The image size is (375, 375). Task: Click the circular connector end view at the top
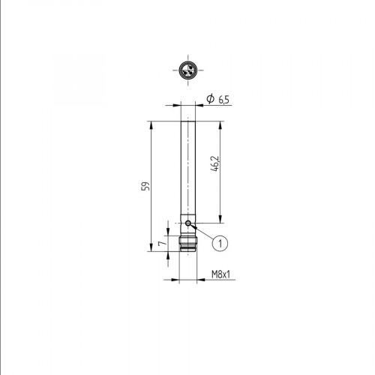click(x=187, y=73)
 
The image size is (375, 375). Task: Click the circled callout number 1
click(x=219, y=242)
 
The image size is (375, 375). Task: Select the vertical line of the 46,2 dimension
click(x=220, y=195)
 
